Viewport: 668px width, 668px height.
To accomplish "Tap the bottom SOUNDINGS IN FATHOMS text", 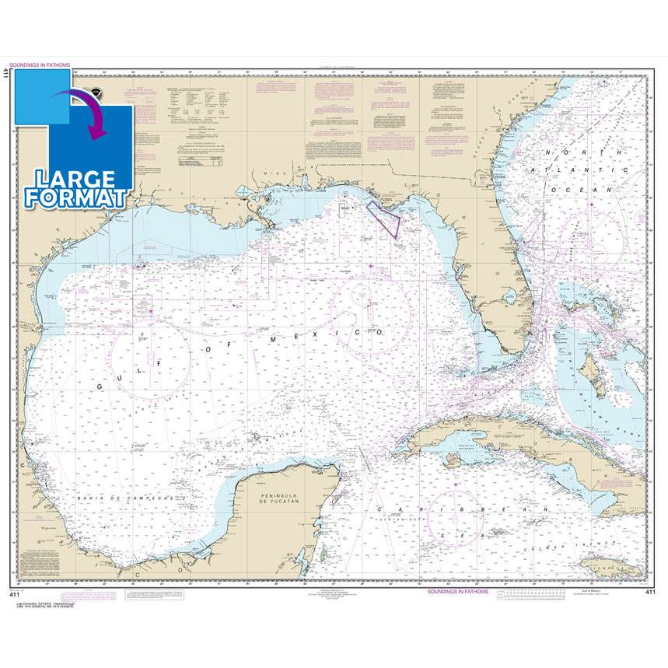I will click(458, 591).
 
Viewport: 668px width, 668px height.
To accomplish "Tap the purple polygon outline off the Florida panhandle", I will click(385, 219).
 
